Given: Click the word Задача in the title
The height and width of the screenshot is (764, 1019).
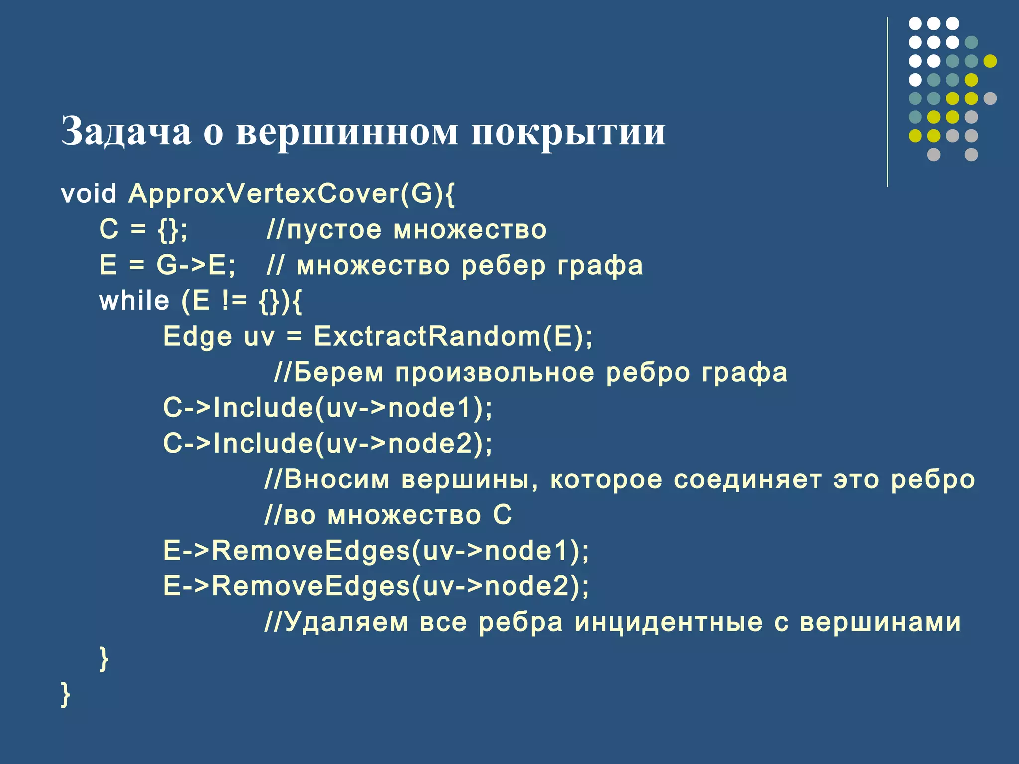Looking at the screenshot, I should click(x=126, y=132).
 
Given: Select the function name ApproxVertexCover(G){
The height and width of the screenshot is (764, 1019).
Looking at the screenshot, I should click(x=292, y=193).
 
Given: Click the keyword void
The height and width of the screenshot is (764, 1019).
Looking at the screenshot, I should click(x=89, y=193).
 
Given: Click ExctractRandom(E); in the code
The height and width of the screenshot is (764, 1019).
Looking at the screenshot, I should click(x=453, y=337).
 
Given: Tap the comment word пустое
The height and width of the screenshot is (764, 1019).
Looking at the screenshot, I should click(x=334, y=230).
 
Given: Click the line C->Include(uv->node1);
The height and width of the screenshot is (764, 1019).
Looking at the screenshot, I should click(x=327, y=408).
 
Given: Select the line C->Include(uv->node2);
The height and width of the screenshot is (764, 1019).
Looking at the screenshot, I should click(x=327, y=444).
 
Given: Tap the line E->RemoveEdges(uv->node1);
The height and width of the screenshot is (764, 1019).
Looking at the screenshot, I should click(x=376, y=551).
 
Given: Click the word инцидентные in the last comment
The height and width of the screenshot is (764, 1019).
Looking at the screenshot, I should click(x=668, y=623).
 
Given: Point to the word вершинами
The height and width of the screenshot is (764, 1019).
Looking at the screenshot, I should click(x=880, y=623).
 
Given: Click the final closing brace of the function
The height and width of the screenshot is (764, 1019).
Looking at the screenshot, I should click(x=65, y=695).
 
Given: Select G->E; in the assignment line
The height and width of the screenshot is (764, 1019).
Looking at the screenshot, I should click(x=196, y=266).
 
